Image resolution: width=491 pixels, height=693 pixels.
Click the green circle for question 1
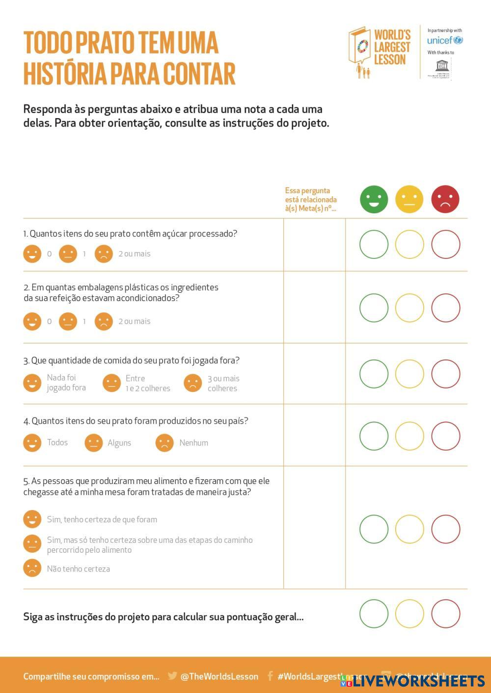click(x=374, y=244)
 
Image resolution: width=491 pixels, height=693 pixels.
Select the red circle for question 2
click(x=445, y=308)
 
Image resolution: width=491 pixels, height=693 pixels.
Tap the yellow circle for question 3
click(x=409, y=374)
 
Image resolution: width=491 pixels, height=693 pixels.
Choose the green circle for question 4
click(x=374, y=436)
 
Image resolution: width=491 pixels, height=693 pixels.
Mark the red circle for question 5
click(x=445, y=529)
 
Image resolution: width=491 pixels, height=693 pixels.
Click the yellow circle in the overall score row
click(x=409, y=614)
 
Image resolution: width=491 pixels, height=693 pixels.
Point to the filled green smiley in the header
click(x=374, y=199)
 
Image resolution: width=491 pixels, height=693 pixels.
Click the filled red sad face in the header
click(x=445, y=199)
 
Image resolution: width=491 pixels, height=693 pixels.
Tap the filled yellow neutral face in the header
click(x=409, y=199)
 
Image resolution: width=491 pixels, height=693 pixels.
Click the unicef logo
click(x=445, y=40)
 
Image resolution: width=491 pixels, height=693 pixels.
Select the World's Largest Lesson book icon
click(x=360, y=49)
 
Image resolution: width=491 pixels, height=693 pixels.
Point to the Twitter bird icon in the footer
click(x=172, y=676)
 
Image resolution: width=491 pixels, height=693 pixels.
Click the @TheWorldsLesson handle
click(x=219, y=676)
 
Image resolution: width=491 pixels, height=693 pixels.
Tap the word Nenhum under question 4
click(x=193, y=443)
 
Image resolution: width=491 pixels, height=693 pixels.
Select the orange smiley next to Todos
click(x=32, y=442)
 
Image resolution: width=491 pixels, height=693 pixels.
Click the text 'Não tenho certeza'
click(x=79, y=569)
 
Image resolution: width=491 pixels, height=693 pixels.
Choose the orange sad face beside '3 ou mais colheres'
click(x=193, y=383)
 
